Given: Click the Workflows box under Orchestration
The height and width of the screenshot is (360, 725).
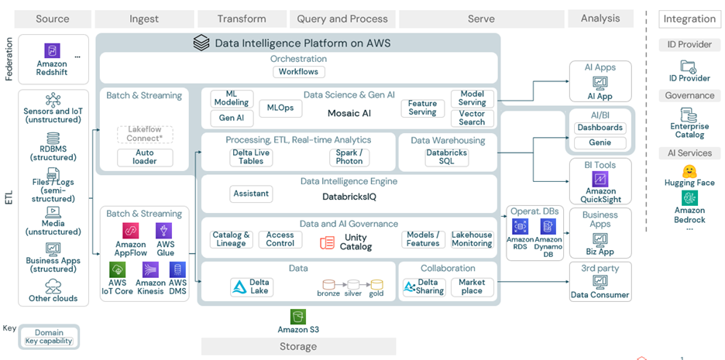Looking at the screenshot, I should tap(299, 72).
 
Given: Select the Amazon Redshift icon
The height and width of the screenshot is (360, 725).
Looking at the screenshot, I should tap(52, 51).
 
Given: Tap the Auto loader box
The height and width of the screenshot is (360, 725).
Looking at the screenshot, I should tap(145, 157).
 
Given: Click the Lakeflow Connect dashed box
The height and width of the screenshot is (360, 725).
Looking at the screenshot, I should tap(145, 134).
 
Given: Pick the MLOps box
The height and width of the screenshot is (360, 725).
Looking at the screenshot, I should tap(280, 108).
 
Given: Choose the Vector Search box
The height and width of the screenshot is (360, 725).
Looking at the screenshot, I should tap(472, 118).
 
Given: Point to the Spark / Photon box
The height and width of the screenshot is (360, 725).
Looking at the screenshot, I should tap(349, 157).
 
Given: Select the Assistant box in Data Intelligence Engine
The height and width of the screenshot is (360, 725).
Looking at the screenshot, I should tap(251, 194).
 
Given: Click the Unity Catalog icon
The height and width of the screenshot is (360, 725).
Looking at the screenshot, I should tap(327, 242).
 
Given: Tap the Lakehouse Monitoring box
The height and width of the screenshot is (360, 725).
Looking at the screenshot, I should tap(472, 239).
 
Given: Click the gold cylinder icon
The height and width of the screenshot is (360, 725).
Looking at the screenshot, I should tap(376, 285).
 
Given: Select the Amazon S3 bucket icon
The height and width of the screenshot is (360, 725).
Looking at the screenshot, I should tap(298, 316).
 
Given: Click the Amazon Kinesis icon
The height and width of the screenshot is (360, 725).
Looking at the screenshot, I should tap(150, 269).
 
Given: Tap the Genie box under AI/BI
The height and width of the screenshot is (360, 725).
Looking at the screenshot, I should tap(600, 142).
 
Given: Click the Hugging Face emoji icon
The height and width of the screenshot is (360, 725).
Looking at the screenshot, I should tap(689, 171).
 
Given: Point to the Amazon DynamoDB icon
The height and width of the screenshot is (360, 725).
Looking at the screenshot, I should tap(548, 226).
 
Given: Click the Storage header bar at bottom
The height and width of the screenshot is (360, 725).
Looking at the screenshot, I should tap(298, 346).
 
